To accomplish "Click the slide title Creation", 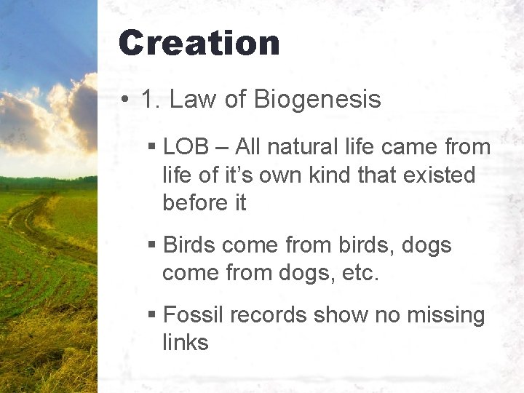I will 199,43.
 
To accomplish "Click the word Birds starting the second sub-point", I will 190,245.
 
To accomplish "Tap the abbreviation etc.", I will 360,273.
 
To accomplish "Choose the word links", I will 186,342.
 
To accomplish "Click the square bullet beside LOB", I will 151,148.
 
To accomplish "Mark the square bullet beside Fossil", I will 151,316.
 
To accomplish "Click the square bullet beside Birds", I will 151,246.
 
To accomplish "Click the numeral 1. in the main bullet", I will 150,100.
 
